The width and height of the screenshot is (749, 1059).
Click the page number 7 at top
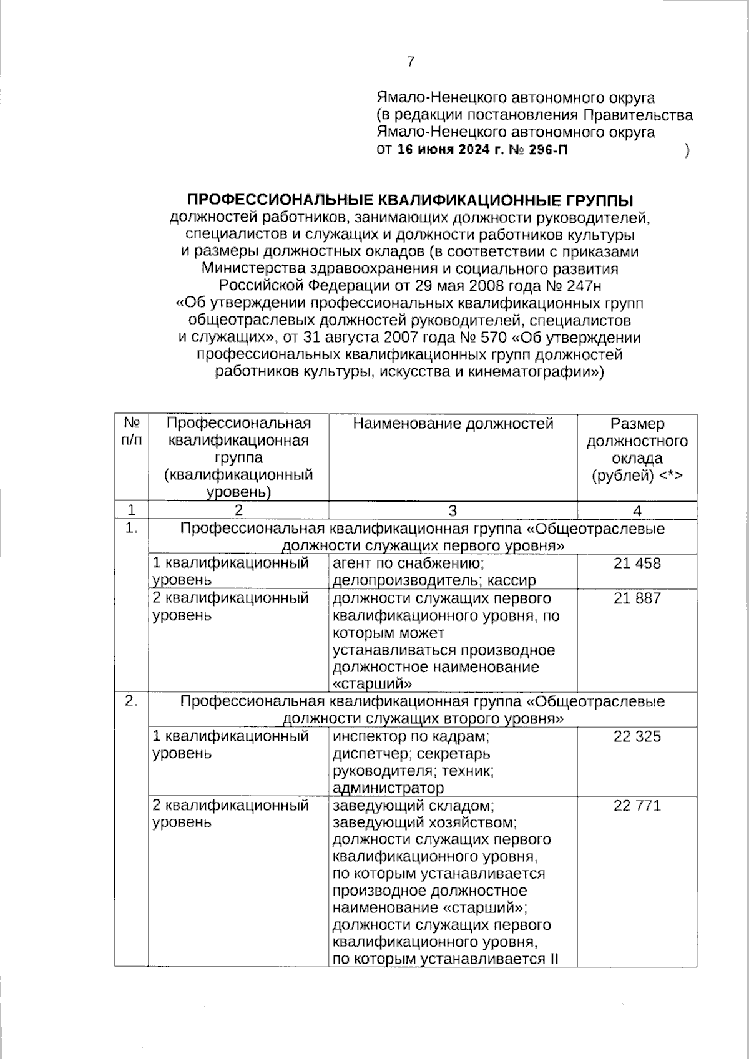click(x=410, y=62)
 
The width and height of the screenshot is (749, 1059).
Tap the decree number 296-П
click(x=547, y=150)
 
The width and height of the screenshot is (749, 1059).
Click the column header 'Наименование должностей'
click(x=453, y=424)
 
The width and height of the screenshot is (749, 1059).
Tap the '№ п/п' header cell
click(x=131, y=432)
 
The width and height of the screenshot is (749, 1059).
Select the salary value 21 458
click(x=637, y=564)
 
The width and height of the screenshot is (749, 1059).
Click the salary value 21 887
click(x=637, y=598)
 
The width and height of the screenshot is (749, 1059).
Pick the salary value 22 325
click(x=637, y=737)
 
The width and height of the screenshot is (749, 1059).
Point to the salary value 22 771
click(x=637, y=806)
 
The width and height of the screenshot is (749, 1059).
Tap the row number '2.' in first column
click(x=131, y=702)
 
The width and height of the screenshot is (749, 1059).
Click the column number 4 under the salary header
click(x=637, y=511)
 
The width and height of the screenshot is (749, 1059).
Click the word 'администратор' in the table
click(x=388, y=788)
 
